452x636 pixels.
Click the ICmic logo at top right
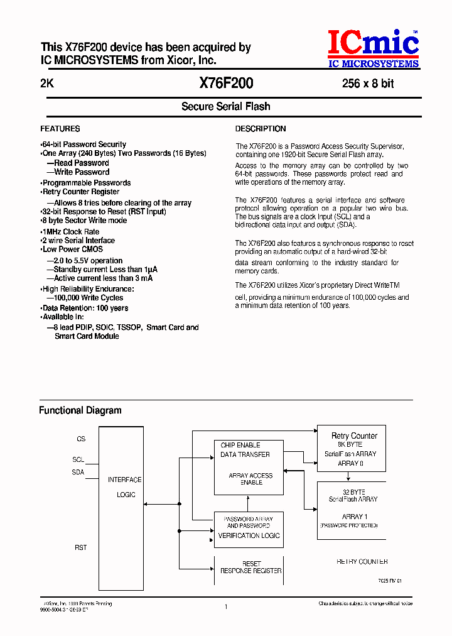click(x=373, y=49)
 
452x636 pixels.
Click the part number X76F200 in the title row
click(x=226, y=83)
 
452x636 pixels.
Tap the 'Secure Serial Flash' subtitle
click(x=226, y=106)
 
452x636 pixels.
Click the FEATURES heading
click(x=60, y=129)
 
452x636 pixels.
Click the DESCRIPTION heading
click(x=261, y=129)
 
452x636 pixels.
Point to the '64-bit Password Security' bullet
click(x=84, y=145)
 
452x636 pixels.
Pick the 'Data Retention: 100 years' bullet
click(x=85, y=308)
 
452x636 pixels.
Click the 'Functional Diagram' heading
click(x=80, y=410)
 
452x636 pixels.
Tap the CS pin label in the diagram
click(x=81, y=439)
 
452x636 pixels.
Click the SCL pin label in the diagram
click(x=78, y=460)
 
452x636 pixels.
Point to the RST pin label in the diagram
click(x=80, y=548)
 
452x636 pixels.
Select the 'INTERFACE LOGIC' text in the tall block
click(x=125, y=487)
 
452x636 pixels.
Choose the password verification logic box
click(x=249, y=527)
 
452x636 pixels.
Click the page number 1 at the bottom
click(x=226, y=606)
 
